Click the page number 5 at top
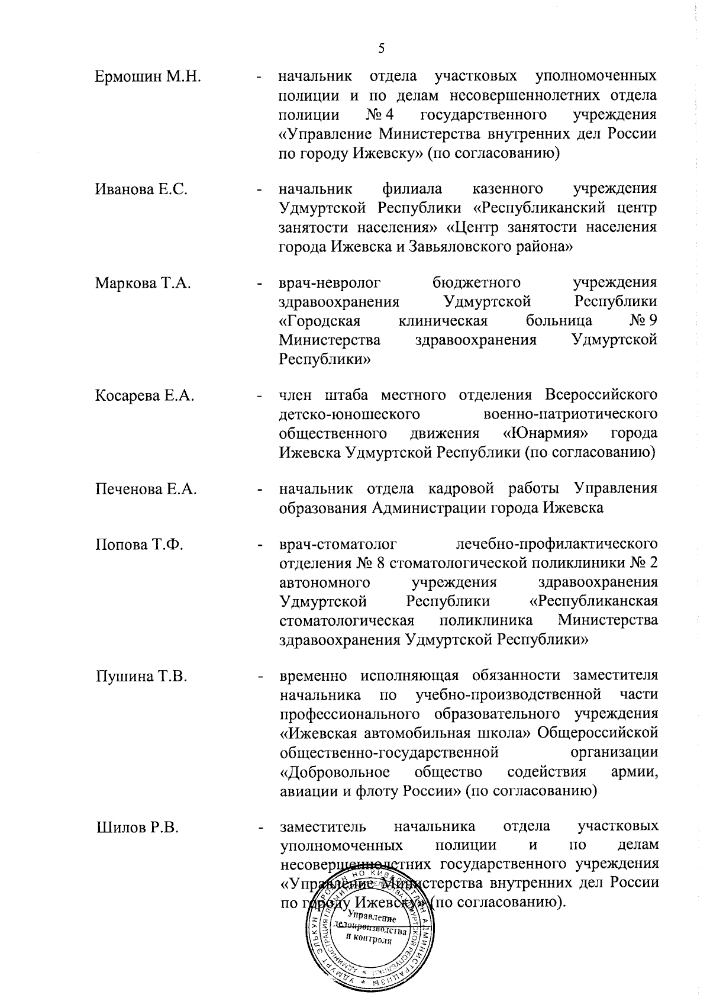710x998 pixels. (x=381, y=49)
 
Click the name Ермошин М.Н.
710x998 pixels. (x=149, y=77)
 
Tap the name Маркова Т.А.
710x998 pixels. (x=143, y=284)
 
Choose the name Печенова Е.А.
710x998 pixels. (x=146, y=490)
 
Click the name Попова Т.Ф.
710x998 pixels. (x=139, y=545)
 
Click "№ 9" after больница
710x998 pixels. (x=644, y=321)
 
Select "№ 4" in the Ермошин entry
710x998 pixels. (x=380, y=114)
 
